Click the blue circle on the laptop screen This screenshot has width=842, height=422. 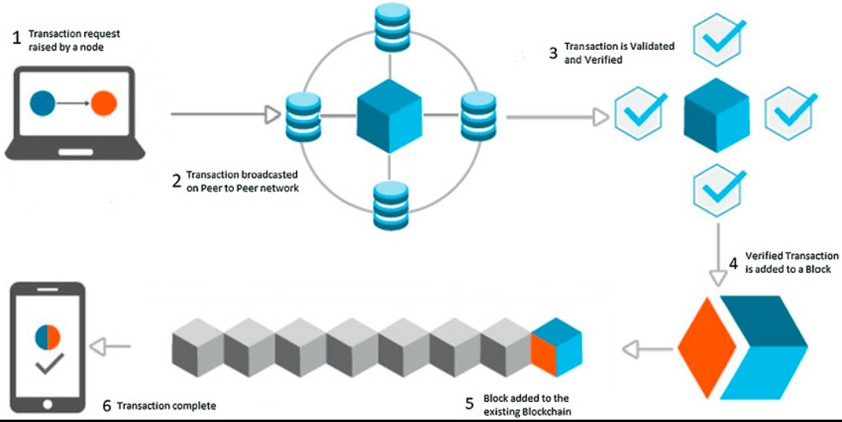42,103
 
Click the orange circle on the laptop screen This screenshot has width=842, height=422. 104,103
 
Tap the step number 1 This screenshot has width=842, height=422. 16,39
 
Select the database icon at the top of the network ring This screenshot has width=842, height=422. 391,25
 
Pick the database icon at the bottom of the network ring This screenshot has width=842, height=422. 391,205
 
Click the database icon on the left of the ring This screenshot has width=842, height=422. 303,117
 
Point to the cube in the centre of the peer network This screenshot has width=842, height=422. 390,115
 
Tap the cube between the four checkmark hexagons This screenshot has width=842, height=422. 716,115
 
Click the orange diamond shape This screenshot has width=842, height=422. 706,347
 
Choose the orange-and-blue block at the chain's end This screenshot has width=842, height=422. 557,347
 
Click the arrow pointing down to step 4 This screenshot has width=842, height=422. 719,254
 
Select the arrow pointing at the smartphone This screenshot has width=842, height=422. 110,347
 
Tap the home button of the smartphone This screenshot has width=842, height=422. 48,403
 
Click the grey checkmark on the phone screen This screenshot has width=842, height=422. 49,364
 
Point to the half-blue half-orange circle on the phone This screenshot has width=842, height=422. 48,337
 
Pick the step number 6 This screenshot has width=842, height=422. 107,406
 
